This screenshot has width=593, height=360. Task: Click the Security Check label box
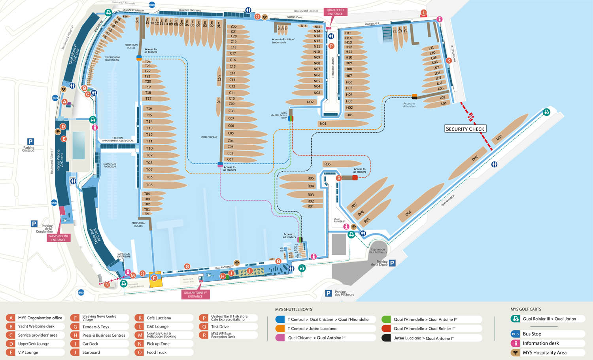(x=465, y=129)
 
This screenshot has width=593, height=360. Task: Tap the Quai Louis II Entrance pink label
(x=335, y=12)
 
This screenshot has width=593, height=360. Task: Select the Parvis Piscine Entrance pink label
(x=59, y=238)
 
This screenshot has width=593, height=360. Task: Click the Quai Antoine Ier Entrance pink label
(x=195, y=294)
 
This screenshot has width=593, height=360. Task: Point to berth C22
(x=234, y=27)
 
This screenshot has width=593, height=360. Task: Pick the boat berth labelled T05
(x=149, y=185)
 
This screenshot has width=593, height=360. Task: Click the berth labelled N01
(x=323, y=124)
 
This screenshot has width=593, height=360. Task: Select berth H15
(x=348, y=33)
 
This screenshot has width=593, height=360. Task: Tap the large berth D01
(x=408, y=213)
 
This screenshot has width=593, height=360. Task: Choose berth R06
(x=327, y=164)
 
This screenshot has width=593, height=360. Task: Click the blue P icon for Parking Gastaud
(x=30, y=142)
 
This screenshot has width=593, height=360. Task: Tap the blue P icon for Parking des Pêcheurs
(x=328, y=293)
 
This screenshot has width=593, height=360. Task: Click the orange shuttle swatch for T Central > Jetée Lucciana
(x=280, y=329)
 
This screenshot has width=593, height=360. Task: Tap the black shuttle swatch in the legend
(x=386, y=338)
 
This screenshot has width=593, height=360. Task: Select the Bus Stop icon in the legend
(x=515, y=334)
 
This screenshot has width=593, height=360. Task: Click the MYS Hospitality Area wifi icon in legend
(x=515, y=352)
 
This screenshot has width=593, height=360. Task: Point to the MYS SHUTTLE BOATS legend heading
(x=293, y=309)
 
